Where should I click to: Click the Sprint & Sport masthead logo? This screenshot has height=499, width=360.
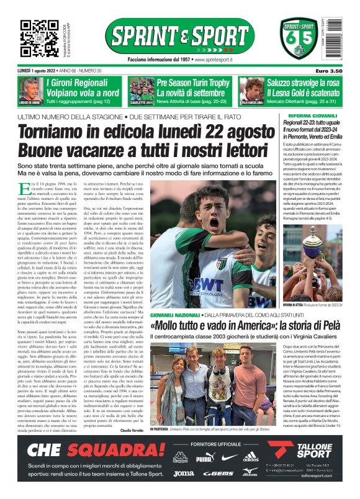tap(179, 37)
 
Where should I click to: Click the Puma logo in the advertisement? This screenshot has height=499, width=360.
tap(204, 458)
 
